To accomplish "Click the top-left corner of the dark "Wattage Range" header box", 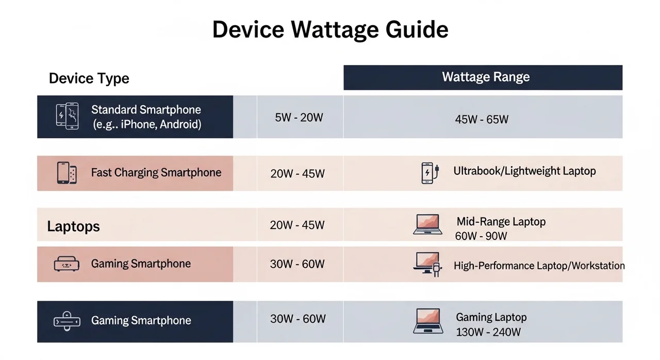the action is [x=343, y=66].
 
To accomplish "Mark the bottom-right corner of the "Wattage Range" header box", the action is [x=622, y=90].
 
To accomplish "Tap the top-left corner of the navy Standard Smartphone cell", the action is [x=37, y=95].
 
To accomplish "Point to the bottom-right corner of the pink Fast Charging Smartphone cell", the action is [x=233, y=191].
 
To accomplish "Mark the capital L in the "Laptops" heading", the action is [x=51, y=226].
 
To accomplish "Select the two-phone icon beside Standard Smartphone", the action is [x=67, y=116].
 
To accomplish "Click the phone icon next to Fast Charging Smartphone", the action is [x=67, y=173].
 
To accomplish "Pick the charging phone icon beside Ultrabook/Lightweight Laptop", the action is [x=430, y=173].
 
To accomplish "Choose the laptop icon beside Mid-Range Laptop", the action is [x=428, y=224].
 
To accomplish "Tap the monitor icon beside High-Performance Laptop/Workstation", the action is [x=427, y=264].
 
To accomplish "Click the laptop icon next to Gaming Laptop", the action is [x=428, y=321].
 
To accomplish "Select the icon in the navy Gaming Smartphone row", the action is [x=67, y=321].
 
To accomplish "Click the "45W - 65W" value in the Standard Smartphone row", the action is [x=482, y=119].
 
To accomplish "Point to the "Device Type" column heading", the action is [x=89, y=78].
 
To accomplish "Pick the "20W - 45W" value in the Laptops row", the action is [x=297, y=225].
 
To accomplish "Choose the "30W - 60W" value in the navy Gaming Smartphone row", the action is [x=298, y=319].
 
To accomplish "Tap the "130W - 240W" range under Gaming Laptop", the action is [x=488, y=332].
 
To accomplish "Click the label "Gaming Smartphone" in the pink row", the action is [x=141, y=264].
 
